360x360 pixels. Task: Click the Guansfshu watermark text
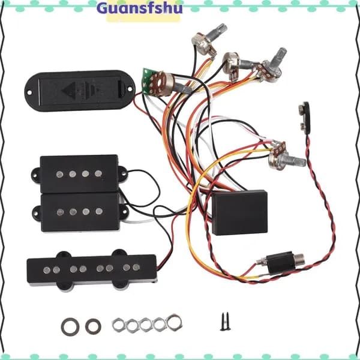click(x=140, y=8)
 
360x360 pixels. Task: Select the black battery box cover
click(x=80, y=91)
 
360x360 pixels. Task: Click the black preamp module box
click(x=239, y=212)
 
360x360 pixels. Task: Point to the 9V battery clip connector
click(x=305, y=118)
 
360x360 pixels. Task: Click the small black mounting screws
click(x=225, y=321)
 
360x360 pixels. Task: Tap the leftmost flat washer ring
click(x=70, y=327)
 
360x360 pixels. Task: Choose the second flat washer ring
click(x=93, y=326)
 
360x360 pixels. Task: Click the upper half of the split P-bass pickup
click(x=79, y=174)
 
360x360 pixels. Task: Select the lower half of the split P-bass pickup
click(x=80, y=212)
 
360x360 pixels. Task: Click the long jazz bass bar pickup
click(x=92, y=270)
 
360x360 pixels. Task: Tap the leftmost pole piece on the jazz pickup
click(x=47, y=270)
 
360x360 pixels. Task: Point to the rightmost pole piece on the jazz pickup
click(x=136, y=267)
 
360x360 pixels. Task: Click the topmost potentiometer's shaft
click(x=218, y=31)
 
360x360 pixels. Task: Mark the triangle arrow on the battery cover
click(x=69, y=90)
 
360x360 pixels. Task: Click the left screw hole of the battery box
click(x=29, y=92)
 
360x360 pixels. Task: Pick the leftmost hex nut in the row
click(x=118, y=324)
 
